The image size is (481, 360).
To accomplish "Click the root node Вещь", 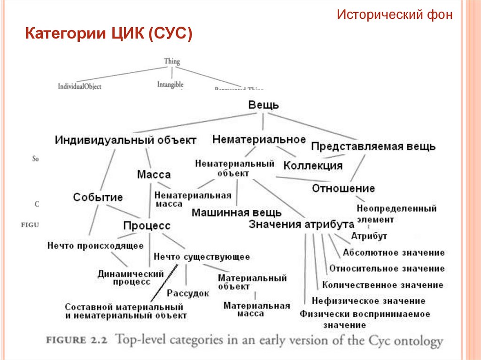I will [263, 105].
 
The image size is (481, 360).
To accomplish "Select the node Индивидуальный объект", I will [125, 140].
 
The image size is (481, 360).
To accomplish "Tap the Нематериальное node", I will [259, 139].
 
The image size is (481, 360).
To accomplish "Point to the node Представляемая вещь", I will [373, 146].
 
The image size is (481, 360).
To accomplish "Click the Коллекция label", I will [313, 166].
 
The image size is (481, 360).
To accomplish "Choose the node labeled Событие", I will [98, 198].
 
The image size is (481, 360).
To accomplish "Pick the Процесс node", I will [147, 225].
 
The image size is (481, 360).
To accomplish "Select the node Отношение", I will [343, 188].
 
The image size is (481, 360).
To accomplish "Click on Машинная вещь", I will [237, 213].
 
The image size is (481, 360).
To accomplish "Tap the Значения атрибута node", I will [302, 224].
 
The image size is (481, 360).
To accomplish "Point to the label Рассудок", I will [188, 293].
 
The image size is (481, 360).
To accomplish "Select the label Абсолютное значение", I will [394, 253].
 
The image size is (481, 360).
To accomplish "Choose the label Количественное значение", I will [382, 285].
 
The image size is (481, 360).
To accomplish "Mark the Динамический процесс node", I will [131, 277].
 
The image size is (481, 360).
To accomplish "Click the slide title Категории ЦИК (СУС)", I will [109, 34].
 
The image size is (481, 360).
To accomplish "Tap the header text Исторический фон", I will [395, 15].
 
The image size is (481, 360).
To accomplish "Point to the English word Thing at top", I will [172, 61].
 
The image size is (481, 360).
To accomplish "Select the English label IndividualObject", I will [79, 86].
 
